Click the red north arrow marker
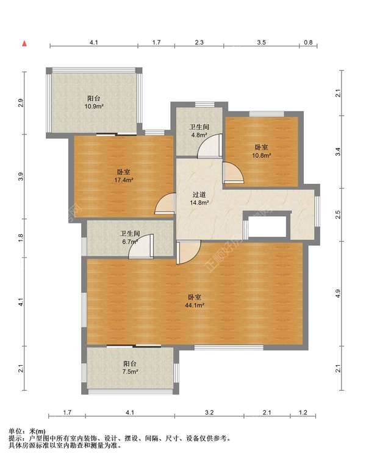coord(25,44)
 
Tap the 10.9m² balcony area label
coord(94,102)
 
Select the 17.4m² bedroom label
coord(124,176)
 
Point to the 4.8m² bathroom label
coord(199,131)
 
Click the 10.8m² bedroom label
coord(262,151)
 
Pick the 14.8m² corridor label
coord(199,198)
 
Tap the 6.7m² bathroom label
coord(130,237)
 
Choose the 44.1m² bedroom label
coord(195,301)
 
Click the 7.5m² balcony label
coord(130,368)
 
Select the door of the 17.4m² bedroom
coord(165,203)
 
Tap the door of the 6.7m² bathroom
coord(142,247)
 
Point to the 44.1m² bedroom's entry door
coord(189,252)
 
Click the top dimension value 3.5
coord(261,43)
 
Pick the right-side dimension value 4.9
coord(339,293)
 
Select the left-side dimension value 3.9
coord(20,177)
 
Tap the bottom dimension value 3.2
coord(209,413)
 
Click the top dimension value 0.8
coord(308,43)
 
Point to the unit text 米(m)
coord(38,432)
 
